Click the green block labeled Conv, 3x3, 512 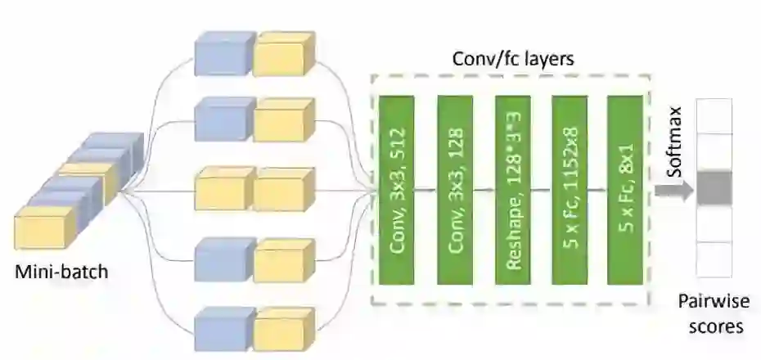(395, 190)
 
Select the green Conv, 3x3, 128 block (456, 190)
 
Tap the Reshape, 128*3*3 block (513, 190)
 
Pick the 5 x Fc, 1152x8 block (570, 190)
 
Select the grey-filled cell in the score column (714, 187)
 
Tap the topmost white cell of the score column (714, 115)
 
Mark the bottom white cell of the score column (714, 259)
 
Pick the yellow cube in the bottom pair (282, 329)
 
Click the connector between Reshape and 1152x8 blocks (542, 190)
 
